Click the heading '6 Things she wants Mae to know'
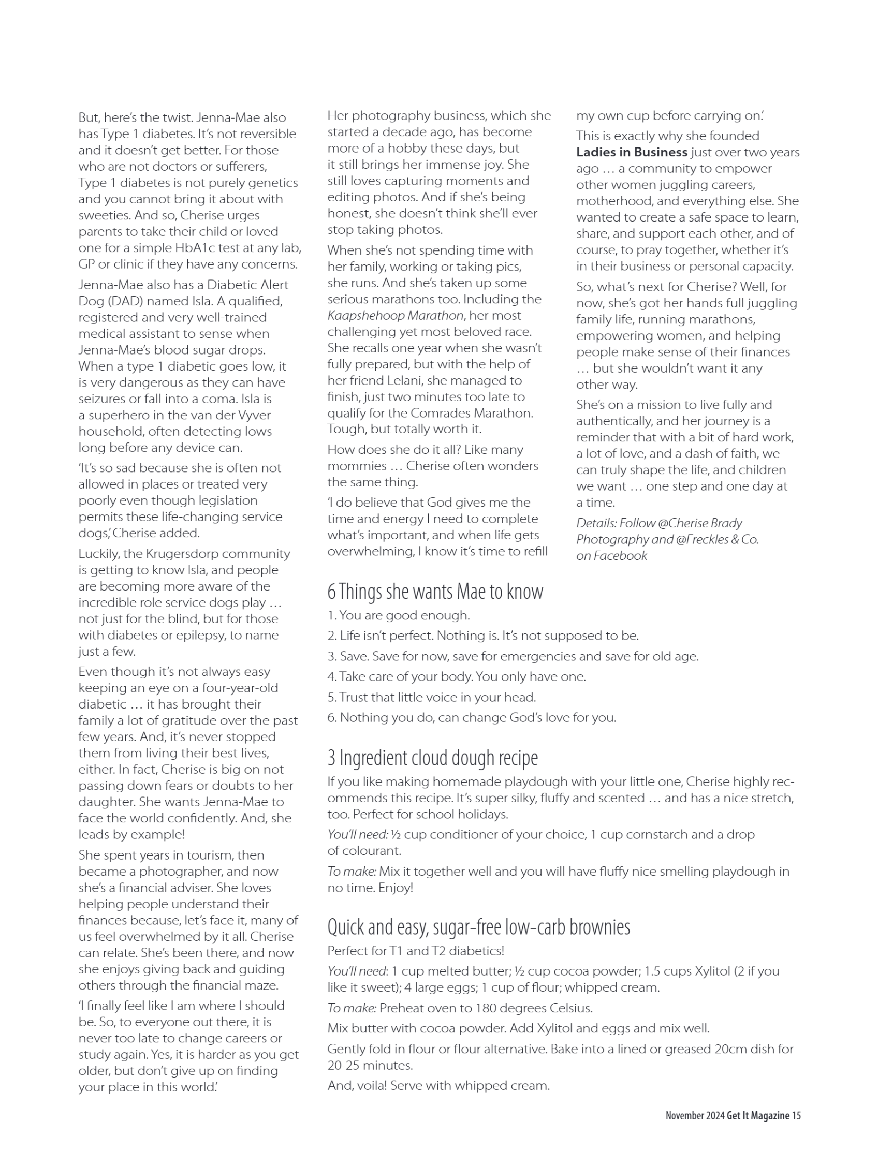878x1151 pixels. click(435, 592)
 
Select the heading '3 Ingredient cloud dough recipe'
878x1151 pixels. click(432, 758)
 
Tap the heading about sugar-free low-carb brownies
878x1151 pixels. click(478, 927)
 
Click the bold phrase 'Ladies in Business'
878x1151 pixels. click(632, 152)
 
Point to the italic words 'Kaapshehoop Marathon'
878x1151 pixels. click(395, 316)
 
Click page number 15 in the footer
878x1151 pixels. click(796, 1115)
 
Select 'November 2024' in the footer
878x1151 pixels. click(695, 1115)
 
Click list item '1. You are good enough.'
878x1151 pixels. click(398, 615)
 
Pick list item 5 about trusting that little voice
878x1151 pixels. click(432, 697)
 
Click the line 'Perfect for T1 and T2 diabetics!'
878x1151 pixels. click(416, 950)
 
